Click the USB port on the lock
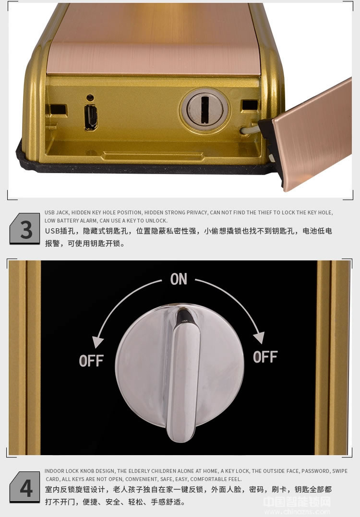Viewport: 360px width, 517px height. point(91,117)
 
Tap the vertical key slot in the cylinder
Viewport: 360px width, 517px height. point(205,110)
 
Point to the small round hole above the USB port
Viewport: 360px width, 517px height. point(90,98)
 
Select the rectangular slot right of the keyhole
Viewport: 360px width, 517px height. point(250,105)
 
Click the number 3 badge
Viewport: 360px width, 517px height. point(25,229)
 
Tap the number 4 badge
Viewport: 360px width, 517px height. point(25,487)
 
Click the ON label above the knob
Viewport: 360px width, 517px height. point(179,279)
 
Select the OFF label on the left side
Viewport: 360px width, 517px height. point(91,361)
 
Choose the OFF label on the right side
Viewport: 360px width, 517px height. point(265,357)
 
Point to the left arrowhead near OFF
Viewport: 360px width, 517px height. point(97,342)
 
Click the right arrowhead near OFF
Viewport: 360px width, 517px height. point(259,337)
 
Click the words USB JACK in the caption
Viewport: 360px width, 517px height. point(57,212)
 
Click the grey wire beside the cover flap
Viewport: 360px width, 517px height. point(249,129)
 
